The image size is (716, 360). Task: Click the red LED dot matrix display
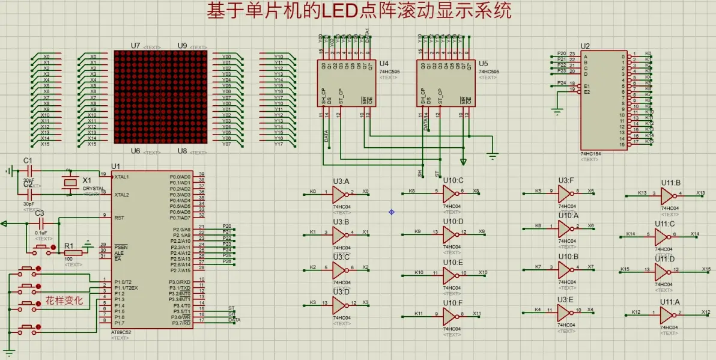coord(160,97)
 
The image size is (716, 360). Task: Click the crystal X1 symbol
coord(71,182)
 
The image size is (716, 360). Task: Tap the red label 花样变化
coord(64,300)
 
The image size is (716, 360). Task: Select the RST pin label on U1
coord(119,218)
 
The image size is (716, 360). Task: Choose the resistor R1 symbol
coord(73,253)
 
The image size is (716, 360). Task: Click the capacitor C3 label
coord(40,213)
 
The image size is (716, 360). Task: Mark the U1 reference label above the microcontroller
coord(116,166)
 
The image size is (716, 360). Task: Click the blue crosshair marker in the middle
coord(392,212)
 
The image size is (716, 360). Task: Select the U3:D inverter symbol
coord(339,304)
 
